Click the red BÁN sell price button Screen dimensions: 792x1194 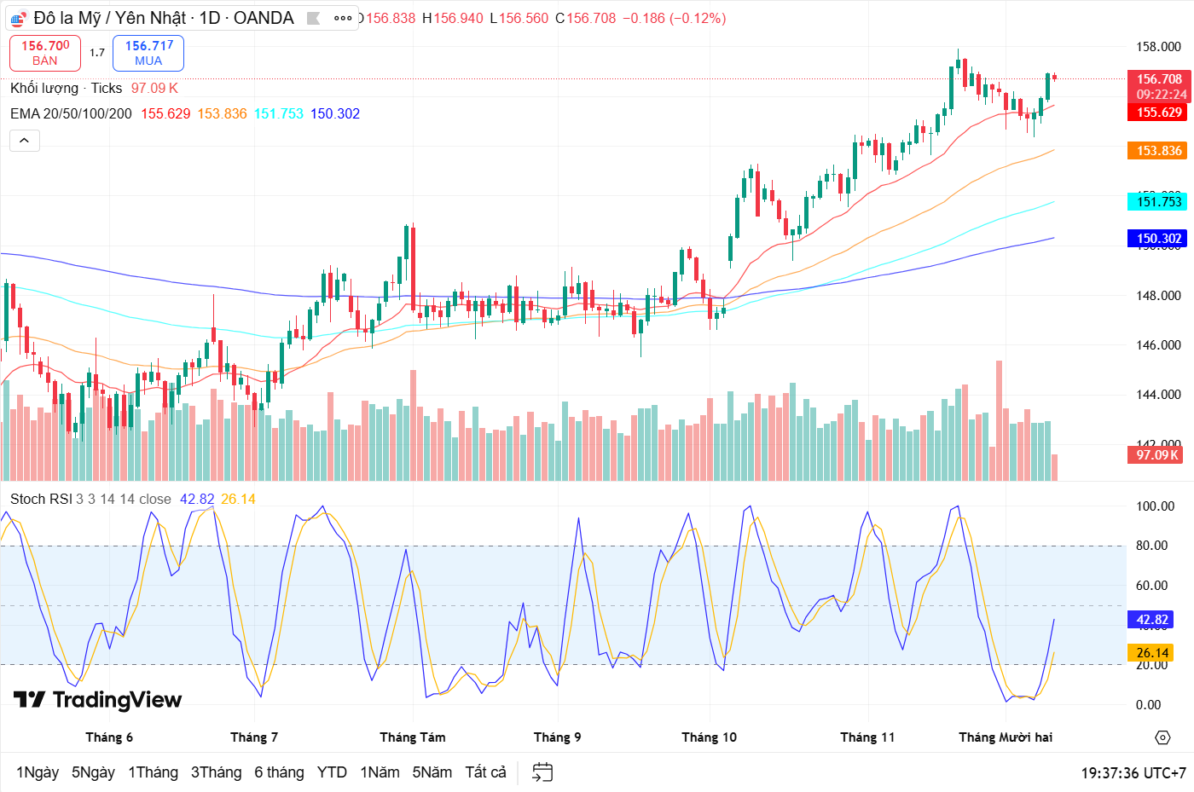click(x=45, y=53)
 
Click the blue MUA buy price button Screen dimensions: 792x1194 click(x=148, y=53)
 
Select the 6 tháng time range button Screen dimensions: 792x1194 click(x=279, y=772)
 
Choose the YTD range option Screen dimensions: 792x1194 click(x=332, y=772)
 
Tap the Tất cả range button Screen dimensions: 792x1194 click(x=485, y=772)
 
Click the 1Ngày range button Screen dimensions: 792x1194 click(x=38, y=772)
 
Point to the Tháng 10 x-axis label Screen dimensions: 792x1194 click(x=709, y=737)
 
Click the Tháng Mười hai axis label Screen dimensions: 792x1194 click(x=1006, y=737)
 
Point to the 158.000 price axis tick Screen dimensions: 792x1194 click(x=1158, y=47)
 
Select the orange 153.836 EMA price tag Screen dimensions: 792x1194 click(x=1158, y=151)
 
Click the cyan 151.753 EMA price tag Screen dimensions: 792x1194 click(x=1158, y=202)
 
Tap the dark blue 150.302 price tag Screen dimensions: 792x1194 click(x=1158, y=239)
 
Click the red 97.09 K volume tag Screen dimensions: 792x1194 click(x=1156, y=455)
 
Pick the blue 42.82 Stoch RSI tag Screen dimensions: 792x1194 click(x=1151, y=620)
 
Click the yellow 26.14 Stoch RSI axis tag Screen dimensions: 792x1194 click(x=1151, y=653)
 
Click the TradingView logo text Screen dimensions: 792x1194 click(x=98, y=700)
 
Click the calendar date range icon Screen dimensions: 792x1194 click(x=542, y=772)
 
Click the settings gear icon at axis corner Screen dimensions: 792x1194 click(x=1162, y=737)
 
